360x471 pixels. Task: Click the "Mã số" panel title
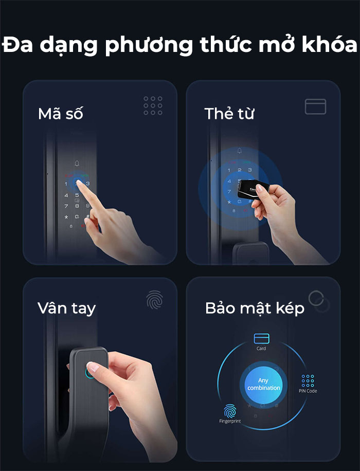(x=60, y=114)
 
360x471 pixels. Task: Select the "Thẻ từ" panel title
(x=229, y=114)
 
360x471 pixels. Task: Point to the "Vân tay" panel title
(x=66, y=308)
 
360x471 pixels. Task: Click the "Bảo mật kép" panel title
(x=255, y=309)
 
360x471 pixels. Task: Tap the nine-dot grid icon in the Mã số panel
(x=153, y=105)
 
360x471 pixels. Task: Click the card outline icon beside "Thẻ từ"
(x=315, y=106)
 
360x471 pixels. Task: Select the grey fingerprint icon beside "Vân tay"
(x=154, y=300)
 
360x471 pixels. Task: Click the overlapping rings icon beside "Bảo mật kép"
(x=319, y=301)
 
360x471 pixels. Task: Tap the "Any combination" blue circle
(x=263, y=384)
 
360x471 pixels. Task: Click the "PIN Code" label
(x=308, y=391)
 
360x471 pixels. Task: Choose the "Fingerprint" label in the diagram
(x=230, y=421)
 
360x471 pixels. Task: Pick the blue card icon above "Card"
(x=261, y=338)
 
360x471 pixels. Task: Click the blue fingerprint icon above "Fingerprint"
(x=230, y=410)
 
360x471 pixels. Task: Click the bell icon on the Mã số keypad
(x=77, y=164)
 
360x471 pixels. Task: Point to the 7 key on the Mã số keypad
(x=66, y=206)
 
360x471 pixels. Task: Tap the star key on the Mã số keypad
(x=66, y=216)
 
